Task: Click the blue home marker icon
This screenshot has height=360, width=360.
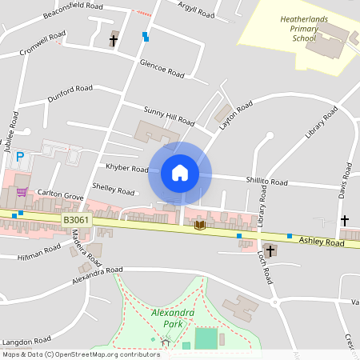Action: pyautogui.click(x=180, y=173)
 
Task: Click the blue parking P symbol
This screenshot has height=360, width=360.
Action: pyautogui.click(x=20, y=157)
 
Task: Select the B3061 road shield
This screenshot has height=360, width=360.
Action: pyautogui.click(x=76, y=219)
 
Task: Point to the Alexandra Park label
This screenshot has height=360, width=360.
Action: pyautogui.click(x=173, y=318)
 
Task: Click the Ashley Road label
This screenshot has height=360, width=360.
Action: pyautogui.click(x=322, y=241)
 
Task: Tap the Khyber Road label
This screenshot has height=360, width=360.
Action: pyautogui.click(x=127, y=169)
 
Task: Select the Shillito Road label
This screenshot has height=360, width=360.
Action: pyautogui.click(x=267, y=182)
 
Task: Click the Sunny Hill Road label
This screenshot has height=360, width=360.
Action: pyautogui.click(x=169, y=115)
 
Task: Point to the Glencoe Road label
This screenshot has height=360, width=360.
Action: pyautogui.click(x=162, y=68)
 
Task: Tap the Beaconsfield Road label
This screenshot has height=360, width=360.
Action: pyautogui.click(x=74, y=10)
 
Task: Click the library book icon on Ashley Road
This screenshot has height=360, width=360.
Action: pyautogui.click(x=199, y=226)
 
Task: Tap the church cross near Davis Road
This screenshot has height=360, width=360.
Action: pyautogui.click(x=346, y=220)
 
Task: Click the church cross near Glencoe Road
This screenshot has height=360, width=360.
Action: pyautogui.click(x=114, y=38)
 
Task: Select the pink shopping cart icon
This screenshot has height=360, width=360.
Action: pyautogui.click(x=22, y=192)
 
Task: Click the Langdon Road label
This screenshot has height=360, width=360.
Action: pyautogui.click(x=28, y=339)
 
